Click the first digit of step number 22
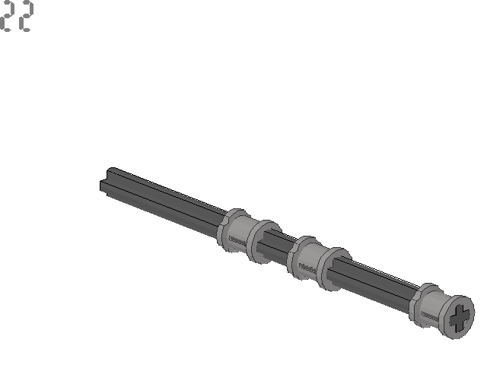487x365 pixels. (x=8, y=16)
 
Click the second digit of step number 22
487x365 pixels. (x=25, y=16)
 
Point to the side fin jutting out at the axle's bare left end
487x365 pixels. (x=103, y=186)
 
